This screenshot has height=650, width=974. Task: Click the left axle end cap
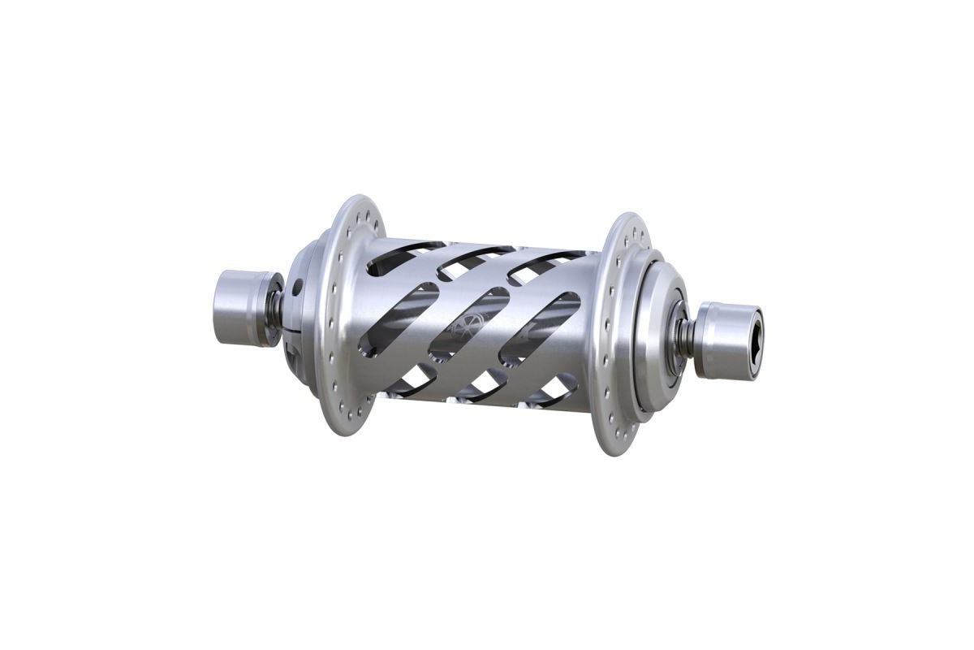(238, 309)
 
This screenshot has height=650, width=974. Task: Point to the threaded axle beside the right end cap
(687, 332)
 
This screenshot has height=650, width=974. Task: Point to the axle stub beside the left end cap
(277, 310)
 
